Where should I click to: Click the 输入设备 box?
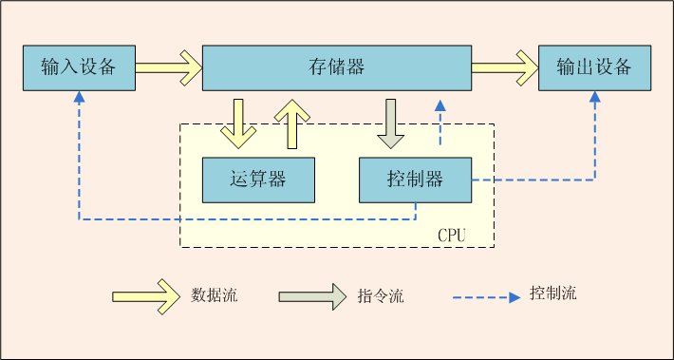(78, 67)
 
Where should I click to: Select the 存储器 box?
(337, 67)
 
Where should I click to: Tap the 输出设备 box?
(594, 67)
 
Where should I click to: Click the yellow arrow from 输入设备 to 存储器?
(168, 67)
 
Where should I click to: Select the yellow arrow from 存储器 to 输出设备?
(504, 67)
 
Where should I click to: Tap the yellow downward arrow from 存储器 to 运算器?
(237, 123)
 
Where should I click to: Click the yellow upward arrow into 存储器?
(292, 123)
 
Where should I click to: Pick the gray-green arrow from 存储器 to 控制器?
(391, 123)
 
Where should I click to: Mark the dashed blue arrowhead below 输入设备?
(79, 97)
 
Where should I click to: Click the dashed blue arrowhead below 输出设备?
(595, 97)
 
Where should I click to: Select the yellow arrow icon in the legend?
(145, 294)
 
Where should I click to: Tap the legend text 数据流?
(215, 294)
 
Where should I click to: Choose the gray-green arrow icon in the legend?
(312, 295)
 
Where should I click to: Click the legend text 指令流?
(381, 295)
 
